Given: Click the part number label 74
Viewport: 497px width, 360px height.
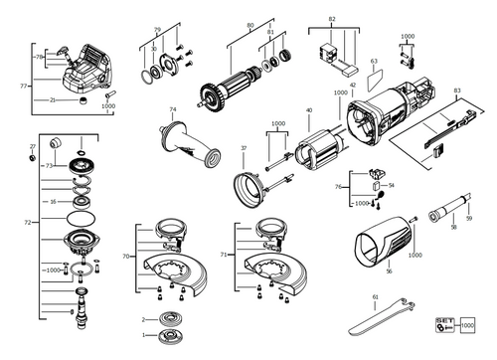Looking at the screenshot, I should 172,109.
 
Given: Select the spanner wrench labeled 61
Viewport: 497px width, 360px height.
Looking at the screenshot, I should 376,317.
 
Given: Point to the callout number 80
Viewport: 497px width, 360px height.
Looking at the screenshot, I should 249,24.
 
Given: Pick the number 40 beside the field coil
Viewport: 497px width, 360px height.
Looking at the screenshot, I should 309,110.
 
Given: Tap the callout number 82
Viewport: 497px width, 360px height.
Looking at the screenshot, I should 332,19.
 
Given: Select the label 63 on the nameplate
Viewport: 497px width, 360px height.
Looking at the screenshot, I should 374,61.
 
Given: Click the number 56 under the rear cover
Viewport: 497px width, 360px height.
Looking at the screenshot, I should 390,270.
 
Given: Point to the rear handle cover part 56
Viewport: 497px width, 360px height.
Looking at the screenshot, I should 384,243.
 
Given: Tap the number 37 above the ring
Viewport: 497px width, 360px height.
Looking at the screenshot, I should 244,148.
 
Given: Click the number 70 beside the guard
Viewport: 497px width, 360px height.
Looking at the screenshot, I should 125,256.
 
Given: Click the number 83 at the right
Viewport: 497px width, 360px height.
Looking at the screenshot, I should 456,90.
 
